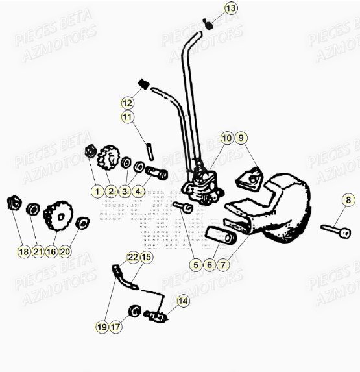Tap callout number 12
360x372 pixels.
[127, 103]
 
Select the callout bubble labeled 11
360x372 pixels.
[127, 118]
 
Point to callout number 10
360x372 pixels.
[226, 138]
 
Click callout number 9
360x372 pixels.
[241, 138]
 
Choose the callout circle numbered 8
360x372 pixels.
[348, 200]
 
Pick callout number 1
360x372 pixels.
[97, 191]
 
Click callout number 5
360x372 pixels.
[195, 264]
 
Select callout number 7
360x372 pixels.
[224, 264]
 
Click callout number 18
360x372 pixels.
[24, 251]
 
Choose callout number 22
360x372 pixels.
[132, 258]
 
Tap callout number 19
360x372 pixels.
[102, 327]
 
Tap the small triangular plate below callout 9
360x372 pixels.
[249, 178]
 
